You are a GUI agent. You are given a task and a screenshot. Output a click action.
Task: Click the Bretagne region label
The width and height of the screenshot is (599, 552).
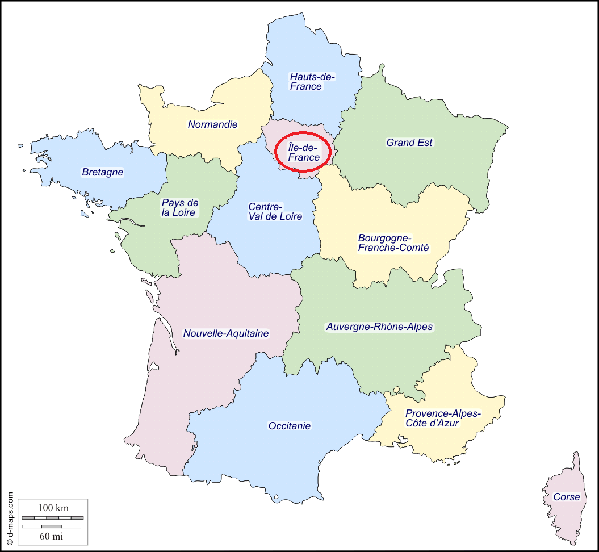coord(102,172)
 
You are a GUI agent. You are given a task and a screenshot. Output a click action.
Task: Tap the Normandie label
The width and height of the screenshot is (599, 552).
coord(213,124)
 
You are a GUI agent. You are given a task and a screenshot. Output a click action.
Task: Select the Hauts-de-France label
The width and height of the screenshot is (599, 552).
coord(312,81)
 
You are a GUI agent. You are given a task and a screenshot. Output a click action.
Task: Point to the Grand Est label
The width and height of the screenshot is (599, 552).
coord(409,143)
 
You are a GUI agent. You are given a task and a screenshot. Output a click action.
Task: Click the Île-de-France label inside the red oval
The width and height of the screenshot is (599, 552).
coord(304,153)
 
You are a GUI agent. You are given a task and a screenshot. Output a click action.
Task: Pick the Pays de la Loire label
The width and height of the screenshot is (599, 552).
coord(179,207)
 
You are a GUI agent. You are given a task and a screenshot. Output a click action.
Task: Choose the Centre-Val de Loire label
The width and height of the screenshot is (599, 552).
coord(275,211)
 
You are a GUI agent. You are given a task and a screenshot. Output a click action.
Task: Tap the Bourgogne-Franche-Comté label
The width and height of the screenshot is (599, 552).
coord(393,242)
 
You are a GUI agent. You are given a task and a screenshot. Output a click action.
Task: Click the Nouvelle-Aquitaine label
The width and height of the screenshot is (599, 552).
coord(225,333)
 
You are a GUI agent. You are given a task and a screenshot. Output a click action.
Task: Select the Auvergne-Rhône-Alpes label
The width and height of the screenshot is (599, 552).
coord(379,327)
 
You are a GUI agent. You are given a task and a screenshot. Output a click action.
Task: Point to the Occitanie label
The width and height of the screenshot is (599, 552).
coord(289,425)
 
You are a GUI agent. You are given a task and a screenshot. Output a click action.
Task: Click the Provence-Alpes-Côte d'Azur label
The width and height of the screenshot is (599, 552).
coord(442,418)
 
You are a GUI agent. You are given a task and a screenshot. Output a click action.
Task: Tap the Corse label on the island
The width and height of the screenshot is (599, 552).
coord(567,497)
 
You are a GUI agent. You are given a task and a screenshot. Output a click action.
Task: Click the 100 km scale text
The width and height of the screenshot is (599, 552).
coord(53,508)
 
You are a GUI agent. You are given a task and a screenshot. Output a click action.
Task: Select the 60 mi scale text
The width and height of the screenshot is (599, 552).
coord(52,536)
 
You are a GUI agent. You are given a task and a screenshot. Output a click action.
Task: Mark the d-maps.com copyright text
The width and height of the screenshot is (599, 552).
coord(10,518)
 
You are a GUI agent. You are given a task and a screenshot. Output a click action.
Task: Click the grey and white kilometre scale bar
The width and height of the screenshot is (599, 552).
coord(52,518)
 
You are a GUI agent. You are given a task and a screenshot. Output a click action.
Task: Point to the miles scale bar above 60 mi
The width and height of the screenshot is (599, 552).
coord(52,526)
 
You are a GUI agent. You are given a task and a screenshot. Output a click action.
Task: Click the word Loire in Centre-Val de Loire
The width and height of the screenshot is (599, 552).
coord(290,216)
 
